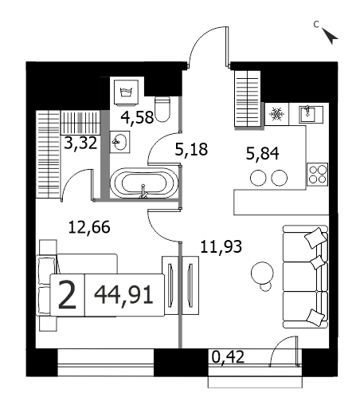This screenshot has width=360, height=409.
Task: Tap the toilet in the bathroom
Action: coord(162,109)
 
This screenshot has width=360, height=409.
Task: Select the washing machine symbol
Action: coord(127,92)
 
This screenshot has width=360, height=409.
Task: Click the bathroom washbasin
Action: coord(120,142)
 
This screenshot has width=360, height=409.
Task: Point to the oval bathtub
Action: coord(143,183)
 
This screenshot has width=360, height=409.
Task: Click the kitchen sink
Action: coord(311,114)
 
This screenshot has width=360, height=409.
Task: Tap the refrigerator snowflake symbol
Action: coord(276,114)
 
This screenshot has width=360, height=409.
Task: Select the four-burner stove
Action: coord(318,175)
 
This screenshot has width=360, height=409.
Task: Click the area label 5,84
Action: coord(262,154)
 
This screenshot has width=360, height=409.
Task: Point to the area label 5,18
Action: coord(191,149)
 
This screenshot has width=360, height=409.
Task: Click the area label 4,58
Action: coord(137,117)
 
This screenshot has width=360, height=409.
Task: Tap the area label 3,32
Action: coord(80,143)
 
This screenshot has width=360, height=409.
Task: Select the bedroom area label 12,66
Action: coord(89,227)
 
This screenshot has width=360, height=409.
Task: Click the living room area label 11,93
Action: coord(221,246)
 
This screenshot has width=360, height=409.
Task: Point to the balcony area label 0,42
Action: coord(228,356)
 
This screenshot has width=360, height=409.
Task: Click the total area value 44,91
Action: coord(123,295)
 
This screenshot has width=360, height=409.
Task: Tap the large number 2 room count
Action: coord(67,295)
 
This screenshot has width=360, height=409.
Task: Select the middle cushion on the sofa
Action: coord(318,262)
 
